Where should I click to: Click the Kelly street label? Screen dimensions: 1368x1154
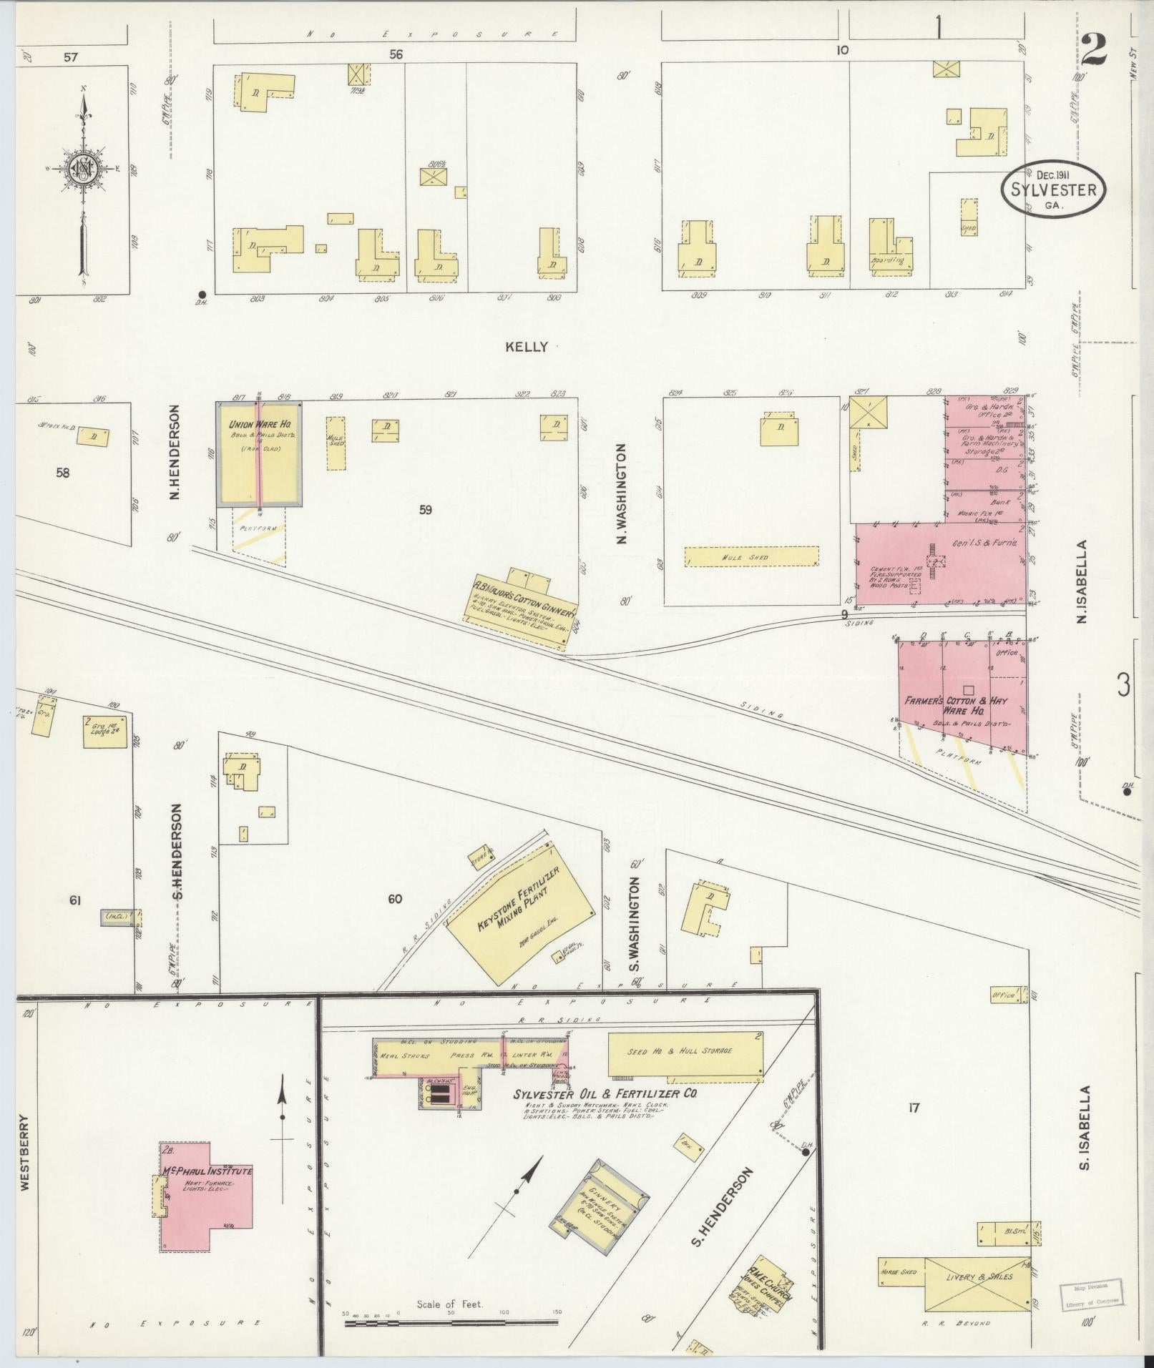(526, 347)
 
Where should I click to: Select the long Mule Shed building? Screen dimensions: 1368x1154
(750, 557)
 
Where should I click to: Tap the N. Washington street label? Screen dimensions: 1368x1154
(622, 493)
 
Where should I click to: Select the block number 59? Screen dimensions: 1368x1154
(426, 510)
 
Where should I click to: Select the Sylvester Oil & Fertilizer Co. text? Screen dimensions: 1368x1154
(605, 1094)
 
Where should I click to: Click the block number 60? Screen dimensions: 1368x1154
(395, 899)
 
